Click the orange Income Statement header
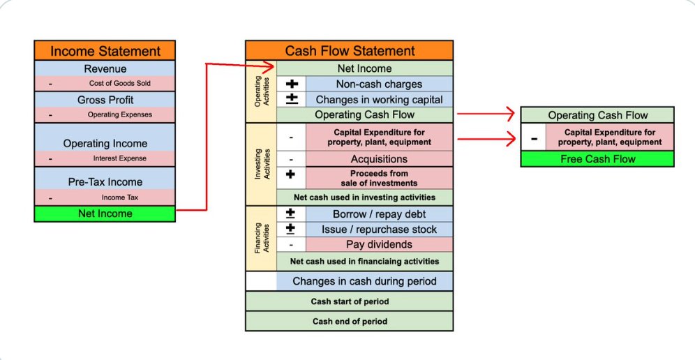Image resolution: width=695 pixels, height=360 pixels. point(105,51)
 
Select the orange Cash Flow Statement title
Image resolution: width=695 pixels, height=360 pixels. point(350,51)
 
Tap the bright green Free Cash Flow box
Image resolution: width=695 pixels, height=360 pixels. point(597,159)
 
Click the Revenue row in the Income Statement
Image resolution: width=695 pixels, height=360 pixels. point(105,68)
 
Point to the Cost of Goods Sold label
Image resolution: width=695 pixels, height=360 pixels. point(116,83)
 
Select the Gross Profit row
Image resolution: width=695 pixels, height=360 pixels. point(105,100)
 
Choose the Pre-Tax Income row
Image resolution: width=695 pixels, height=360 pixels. point(105,182)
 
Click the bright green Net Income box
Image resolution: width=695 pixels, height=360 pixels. point(105,213)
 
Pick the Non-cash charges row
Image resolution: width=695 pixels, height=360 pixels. point(379,84)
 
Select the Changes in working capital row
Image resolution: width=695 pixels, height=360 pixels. point(379,100)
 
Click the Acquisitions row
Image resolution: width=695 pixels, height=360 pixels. point(379,159)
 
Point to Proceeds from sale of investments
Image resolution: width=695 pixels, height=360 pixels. point(379,178)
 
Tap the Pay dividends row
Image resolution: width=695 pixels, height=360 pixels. point(379,244)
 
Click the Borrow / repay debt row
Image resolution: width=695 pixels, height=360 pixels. point(379,214)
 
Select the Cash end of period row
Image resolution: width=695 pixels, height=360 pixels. point(349,321)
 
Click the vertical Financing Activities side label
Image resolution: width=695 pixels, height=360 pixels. point(261,237)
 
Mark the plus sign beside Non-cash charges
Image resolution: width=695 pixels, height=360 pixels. point(292,84)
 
